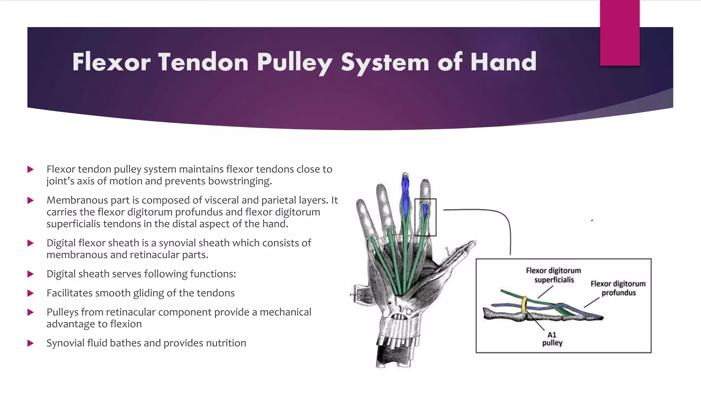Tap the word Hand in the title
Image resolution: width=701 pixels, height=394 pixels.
[x=503, y=62]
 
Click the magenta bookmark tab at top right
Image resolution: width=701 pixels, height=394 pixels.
[x=620, y=32]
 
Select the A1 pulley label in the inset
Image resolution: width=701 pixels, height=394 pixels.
[x=552, y=339]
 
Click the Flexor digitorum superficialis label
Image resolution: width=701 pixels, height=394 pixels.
[x=553, y=275]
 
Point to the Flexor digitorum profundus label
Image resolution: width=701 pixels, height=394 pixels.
[x=618, y=288]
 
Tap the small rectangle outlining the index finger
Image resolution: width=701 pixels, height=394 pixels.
[x=425, y=217]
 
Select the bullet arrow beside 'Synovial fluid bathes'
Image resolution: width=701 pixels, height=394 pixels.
[x=30, y=343]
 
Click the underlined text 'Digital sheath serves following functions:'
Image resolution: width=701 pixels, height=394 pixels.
[x=141, y=274]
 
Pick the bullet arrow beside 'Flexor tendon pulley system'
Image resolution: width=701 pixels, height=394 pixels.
[x=30, y=169]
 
